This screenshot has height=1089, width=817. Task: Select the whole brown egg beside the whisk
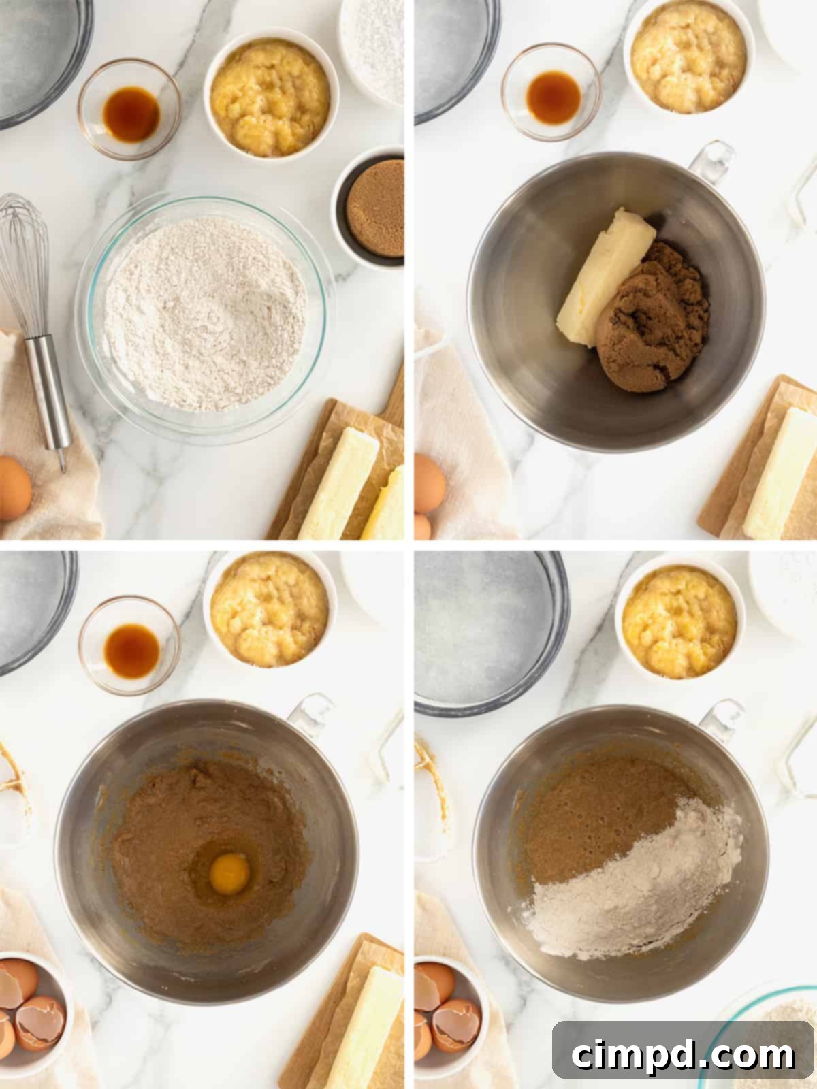coord(14,487)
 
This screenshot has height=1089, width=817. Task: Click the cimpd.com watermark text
coord(682,1054)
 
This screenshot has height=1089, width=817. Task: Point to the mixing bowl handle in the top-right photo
coord(711,163)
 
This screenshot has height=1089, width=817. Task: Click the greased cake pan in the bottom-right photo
coord(487,626)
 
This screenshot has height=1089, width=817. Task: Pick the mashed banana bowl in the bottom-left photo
coord(270,608)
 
